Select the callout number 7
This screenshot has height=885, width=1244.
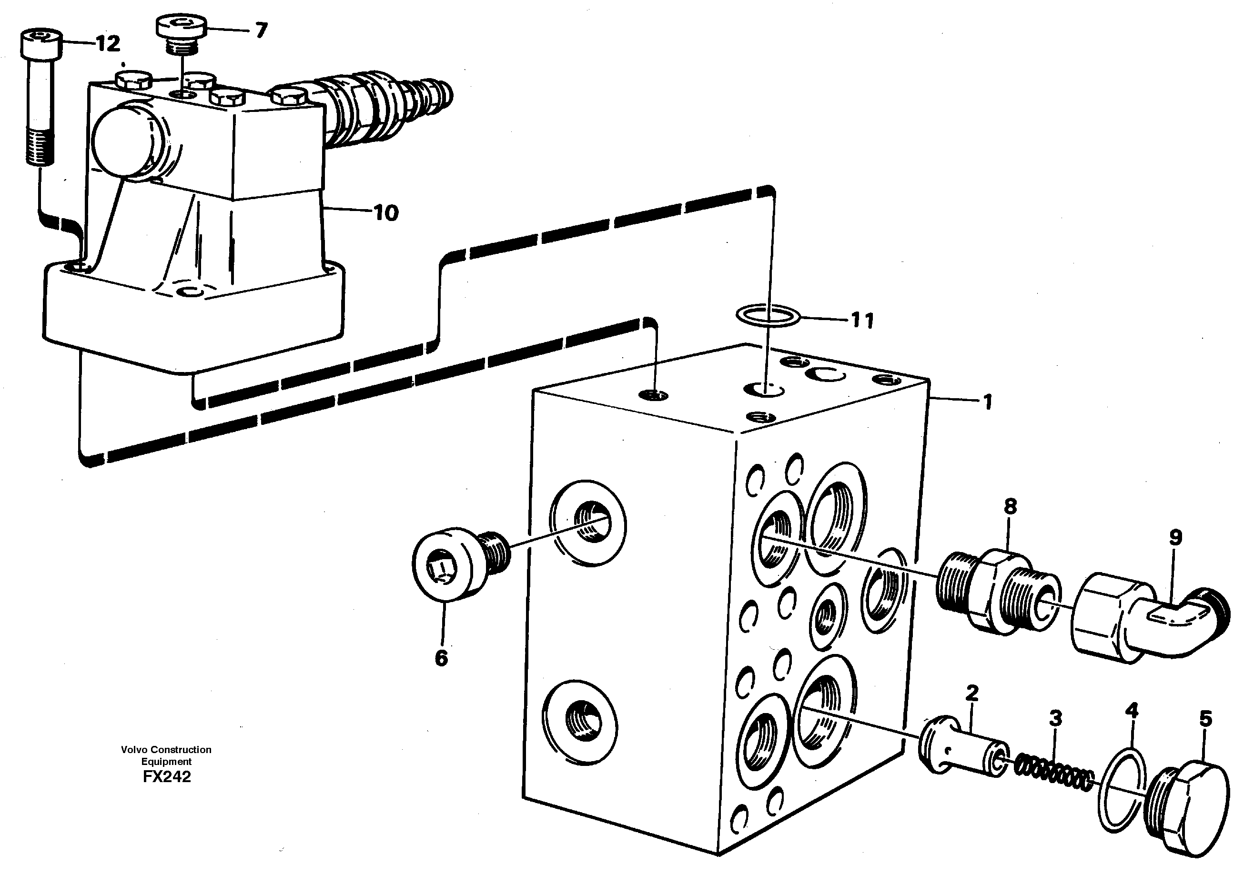click(x=261, y=30)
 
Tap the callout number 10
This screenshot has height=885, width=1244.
click(x=386, y=212)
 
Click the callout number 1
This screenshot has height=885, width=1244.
click(x=987, y=402)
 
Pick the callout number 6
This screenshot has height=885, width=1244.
click(x=441, y=658)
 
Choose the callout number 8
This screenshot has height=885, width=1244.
click(x=1010, y=506)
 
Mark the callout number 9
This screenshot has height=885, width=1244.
click(x=1175, y=537)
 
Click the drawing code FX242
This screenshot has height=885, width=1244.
click(x=167, y=776)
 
